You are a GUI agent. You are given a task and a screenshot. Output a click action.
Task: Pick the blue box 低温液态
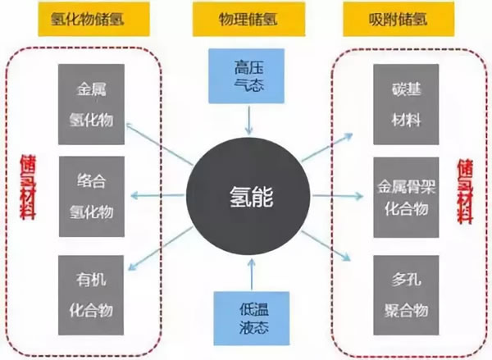247,317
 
